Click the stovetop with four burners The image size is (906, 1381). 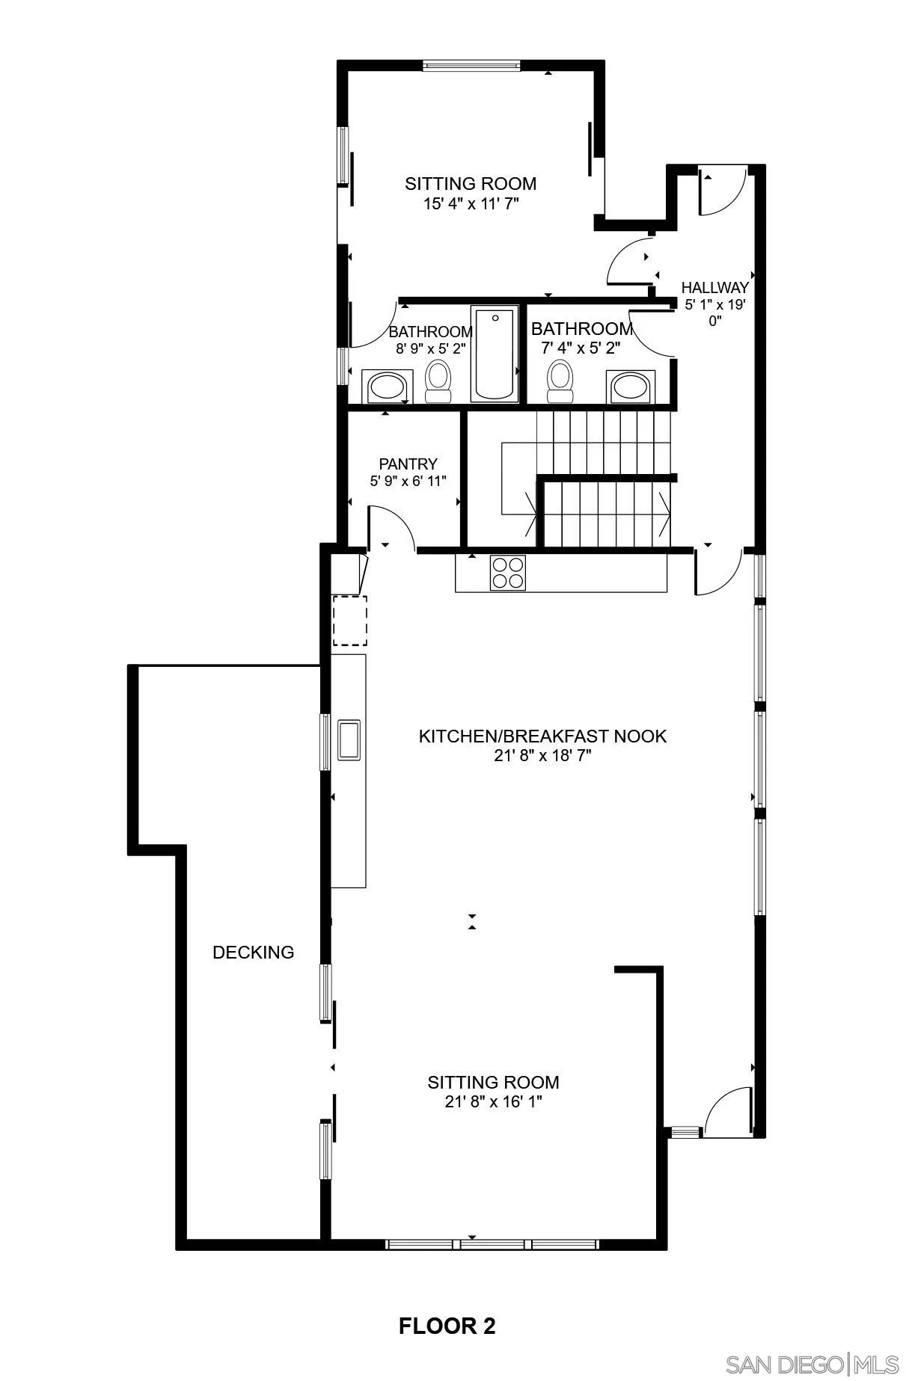[x=507, y=573]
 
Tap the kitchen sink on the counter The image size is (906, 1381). [x=349, y=739]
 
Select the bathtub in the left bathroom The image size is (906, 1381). [x=494, y=353]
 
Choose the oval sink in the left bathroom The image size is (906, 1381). [x=387, y=387]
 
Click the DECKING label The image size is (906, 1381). [x=253, y=952]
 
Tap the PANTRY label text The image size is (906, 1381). [x=408, y=464]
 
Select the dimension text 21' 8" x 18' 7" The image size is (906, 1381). [x=542, y=755]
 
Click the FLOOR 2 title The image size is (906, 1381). [x=447, y=1326]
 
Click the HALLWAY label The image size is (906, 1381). [x=714, y=287]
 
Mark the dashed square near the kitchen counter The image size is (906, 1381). [x=349, y=620]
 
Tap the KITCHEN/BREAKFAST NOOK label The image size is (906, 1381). [x=542, y=736]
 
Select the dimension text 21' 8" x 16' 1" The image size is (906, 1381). [x=493, y=1101]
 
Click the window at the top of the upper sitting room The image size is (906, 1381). [x=471, y=66]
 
